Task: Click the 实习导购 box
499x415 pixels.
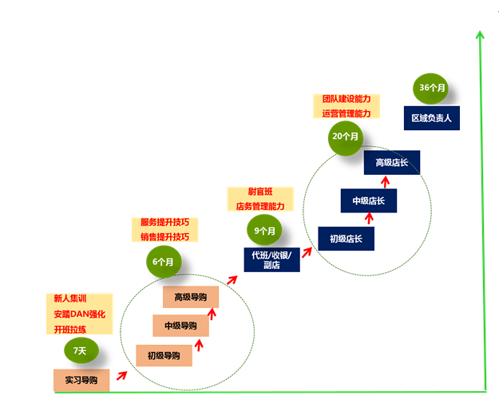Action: [81, 380]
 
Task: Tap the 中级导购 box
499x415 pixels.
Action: [180, 326]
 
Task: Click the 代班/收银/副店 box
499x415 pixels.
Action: [271, 259]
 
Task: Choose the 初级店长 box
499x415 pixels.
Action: [346, 239]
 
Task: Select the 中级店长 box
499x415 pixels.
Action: [368, 201]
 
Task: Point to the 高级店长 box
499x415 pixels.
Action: [391, 163]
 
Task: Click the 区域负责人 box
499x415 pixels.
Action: [431, 118]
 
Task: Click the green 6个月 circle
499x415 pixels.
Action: [164, 260]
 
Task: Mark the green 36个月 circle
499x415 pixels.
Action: [433, 87]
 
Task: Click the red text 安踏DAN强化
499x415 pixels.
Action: [79, 314]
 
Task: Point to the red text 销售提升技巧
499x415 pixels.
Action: [164, 237]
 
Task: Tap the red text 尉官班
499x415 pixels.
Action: [260, 192]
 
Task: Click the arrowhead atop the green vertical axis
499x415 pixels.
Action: [480, 34]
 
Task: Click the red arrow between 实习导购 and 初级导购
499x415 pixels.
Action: [122, 372]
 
